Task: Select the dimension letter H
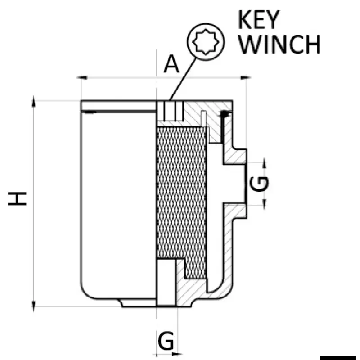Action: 18,198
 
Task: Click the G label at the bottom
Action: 167,342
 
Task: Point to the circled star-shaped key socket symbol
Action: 205,42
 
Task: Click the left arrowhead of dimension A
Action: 82,78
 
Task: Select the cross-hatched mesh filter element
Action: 182,198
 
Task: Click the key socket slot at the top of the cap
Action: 170,111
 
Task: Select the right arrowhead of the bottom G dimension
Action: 176,353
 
